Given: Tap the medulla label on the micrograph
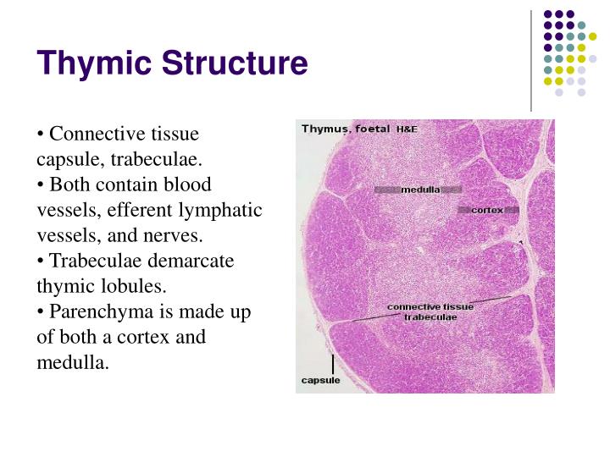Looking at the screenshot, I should pos(420,190).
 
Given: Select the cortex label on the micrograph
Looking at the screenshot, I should pos(487,209).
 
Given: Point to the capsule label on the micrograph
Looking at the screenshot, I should pos(321,381).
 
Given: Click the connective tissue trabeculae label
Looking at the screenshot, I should pos(430,311).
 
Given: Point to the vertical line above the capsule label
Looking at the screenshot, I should pos(333,363).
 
